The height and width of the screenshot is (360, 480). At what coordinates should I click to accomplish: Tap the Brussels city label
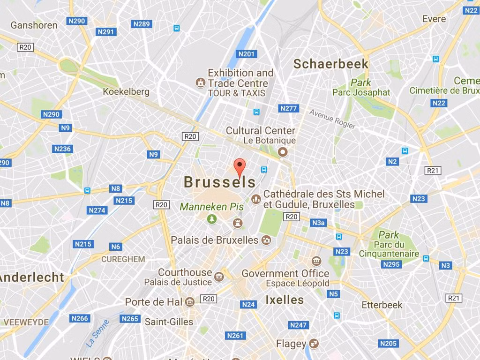(x=220, y=182)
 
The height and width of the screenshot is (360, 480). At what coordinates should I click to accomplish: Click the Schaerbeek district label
(x=331, y=64)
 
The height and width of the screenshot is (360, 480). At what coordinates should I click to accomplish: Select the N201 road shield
(x=247, y=54)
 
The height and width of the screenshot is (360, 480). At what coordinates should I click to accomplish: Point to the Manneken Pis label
(x=205, y=206)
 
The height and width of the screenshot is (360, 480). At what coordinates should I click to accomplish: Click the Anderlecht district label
(x=31, y=277)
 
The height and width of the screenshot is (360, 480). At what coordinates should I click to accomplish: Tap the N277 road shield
(x=288, y=108)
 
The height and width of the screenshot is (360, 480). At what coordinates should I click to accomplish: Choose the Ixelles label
(x=285, y=300)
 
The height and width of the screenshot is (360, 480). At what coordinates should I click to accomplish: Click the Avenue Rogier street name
(x=332, y=119)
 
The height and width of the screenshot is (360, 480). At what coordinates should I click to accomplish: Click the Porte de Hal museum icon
(x=190, y=301)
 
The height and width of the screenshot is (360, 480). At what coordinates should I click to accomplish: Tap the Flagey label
(x=291, y=344)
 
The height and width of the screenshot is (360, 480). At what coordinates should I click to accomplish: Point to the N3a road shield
(x=318, y=223)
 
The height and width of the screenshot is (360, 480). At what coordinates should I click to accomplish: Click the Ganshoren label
(x=34, y=25)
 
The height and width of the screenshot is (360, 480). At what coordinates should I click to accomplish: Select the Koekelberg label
(x=126, y=91)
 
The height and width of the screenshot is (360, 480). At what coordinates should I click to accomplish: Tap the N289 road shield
(x=142, y=24)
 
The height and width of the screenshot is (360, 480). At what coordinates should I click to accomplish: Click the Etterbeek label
(x=382, y=305)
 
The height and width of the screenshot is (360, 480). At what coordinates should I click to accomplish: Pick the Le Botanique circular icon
(x=283, y=151)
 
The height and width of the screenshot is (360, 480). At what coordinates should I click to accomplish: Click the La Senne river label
(x=97, y=333)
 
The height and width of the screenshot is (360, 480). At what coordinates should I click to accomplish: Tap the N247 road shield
(x=298, y=325)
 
